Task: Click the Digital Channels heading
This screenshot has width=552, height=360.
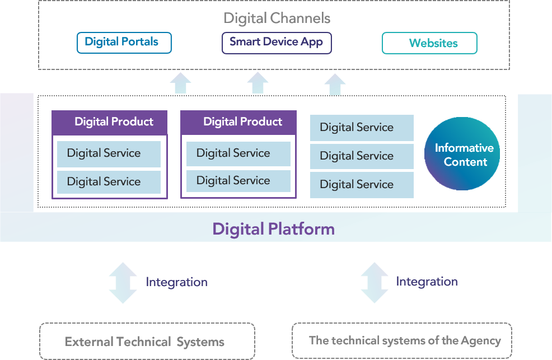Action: tap(277, 18)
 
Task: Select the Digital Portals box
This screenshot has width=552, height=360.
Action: tap(124, 43)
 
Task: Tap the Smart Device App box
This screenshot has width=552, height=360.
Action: tap(277, 43)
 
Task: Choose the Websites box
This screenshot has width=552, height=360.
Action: tap(429, 43)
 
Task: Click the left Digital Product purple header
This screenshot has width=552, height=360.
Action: tap(110, 122)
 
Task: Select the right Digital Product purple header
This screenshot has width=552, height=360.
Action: tap(238, 122)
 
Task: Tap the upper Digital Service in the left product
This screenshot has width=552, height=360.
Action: tap(109, 153)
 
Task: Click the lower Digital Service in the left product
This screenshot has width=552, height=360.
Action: tap(109, 182)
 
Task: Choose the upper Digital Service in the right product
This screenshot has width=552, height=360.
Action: tap(238, 153)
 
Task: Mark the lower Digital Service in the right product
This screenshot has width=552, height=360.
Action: tap(238, 181)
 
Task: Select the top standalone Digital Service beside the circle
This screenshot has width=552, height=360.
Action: tap(362, 128)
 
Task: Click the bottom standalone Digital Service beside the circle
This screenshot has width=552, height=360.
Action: tap(362, 185)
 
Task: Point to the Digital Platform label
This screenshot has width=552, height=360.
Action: tap(274, 229)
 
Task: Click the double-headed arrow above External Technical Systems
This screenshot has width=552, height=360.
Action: tap(123, 283)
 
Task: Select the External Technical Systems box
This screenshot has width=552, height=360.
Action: tap(147, 342)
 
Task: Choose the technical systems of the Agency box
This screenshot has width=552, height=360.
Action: tap(402, 340)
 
